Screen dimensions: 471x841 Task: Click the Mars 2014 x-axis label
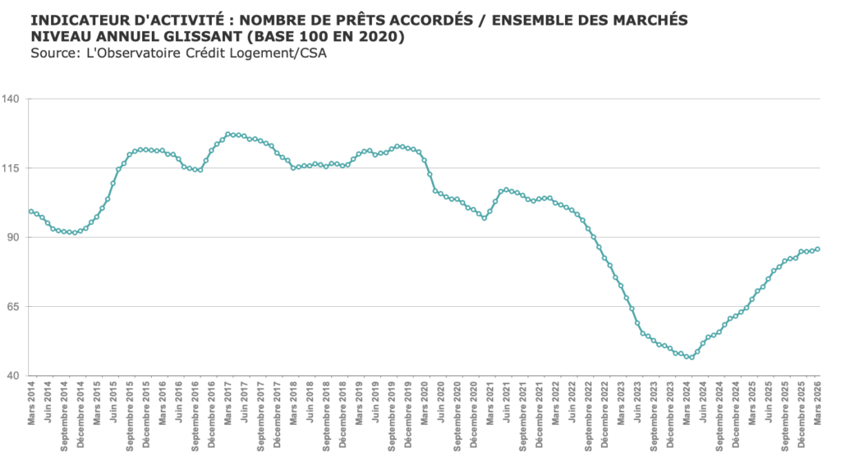click(x=31, y=403)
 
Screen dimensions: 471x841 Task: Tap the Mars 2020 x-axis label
click(x=425, y=403)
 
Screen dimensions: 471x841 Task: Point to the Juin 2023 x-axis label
click(x=638, y=401)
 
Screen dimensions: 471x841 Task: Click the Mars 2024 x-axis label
click(x=687, y=403)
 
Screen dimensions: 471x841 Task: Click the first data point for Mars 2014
click(x=31, y=212)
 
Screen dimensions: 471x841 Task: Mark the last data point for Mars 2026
click(x=818, y=249)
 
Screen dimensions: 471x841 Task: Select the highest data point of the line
click(x=227, y=134)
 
